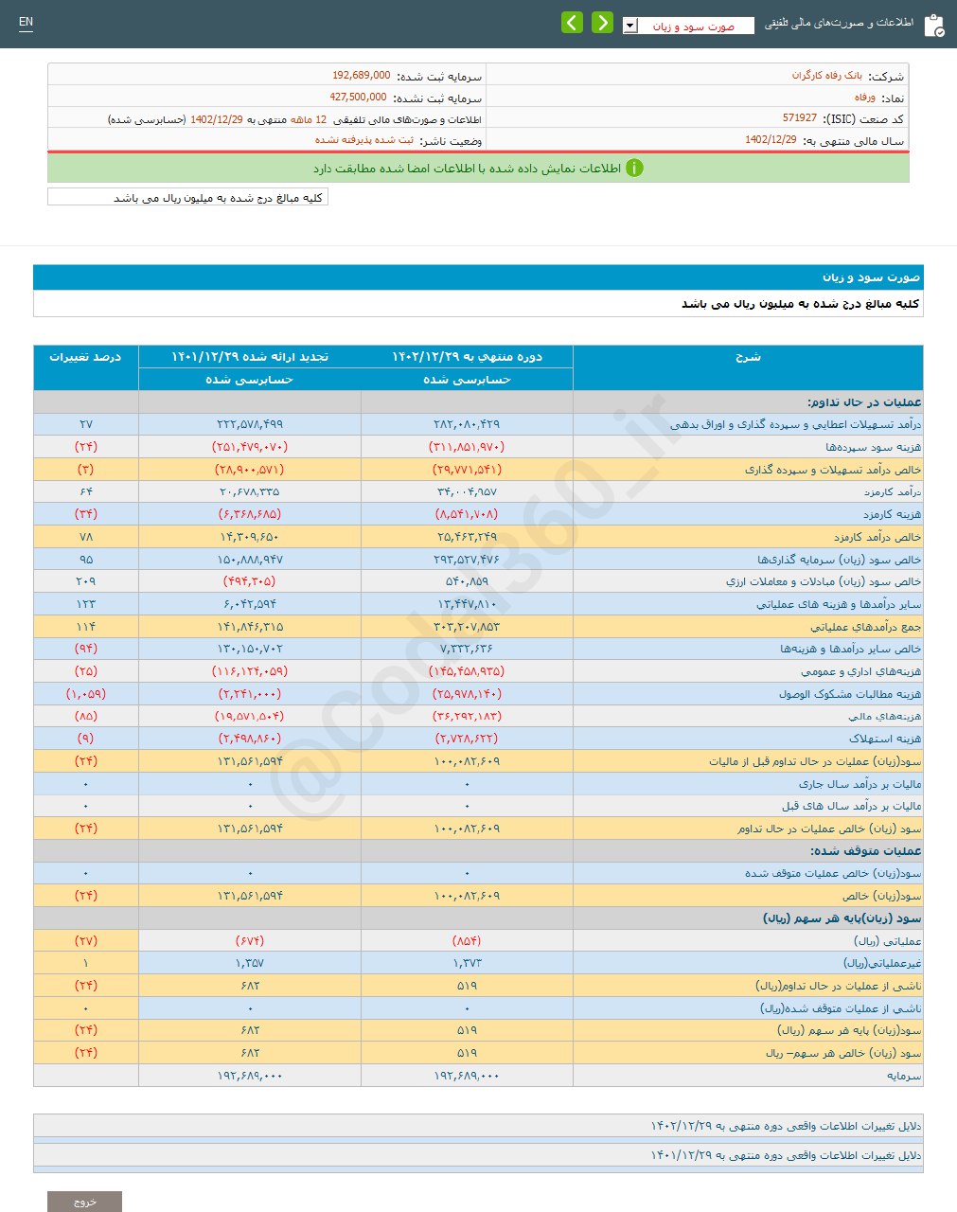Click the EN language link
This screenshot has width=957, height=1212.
(x=26, y=22)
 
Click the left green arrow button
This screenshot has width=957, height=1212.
(x=572, y=23)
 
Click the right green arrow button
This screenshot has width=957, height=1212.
(x=602, y=23)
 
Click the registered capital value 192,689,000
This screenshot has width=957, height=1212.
(x=361, y=76)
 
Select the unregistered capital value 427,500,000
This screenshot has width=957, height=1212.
(x=358, y=98)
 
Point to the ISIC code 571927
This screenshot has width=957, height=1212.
(x=799, y=118)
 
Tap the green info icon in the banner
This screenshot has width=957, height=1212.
(x=634, y=169)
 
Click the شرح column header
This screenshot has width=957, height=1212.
(x=748, y=357)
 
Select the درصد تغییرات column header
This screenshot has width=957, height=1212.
(x=85, y=357)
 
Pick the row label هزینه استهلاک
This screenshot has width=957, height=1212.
(x=884, y=739)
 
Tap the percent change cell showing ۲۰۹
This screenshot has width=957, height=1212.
(x=85, y=581)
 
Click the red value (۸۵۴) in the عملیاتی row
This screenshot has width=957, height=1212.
(x=467, y=940)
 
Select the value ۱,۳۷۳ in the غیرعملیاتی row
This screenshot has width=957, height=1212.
(x=467, y=963)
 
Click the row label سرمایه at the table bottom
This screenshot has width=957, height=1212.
(x=903, y=1076)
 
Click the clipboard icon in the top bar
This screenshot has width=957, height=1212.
(x=932, y=26)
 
